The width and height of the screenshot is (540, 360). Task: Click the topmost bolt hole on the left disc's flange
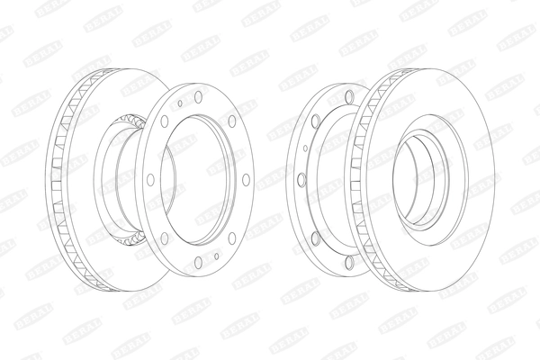[197, 96]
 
